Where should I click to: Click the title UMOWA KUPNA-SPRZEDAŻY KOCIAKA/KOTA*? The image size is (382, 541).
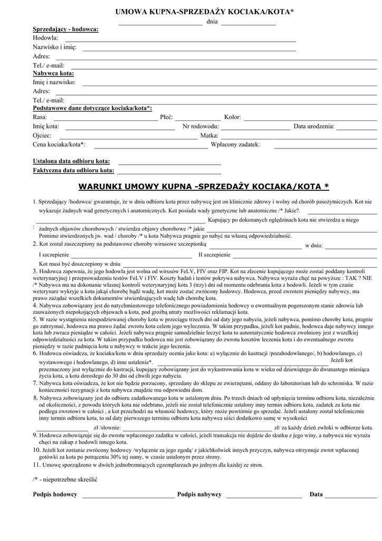click(x=205, y=11)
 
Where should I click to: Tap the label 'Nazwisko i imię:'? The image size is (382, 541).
click(x=54, y=47)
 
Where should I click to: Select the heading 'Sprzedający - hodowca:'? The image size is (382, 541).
click(x=65, y=29)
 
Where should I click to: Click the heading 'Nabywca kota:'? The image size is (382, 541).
click(x=53, y=73)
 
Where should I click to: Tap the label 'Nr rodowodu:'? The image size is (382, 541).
click(x=200, y=126)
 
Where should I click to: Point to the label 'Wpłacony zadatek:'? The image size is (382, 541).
click(x=235, y=144)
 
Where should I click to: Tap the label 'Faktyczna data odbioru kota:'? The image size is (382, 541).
click(x=73, y=171)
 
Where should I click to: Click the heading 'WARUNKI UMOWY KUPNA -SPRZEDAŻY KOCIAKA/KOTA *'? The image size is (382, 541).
click(x=203, y=186)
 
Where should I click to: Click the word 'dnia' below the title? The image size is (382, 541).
click(x=212, y=22)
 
